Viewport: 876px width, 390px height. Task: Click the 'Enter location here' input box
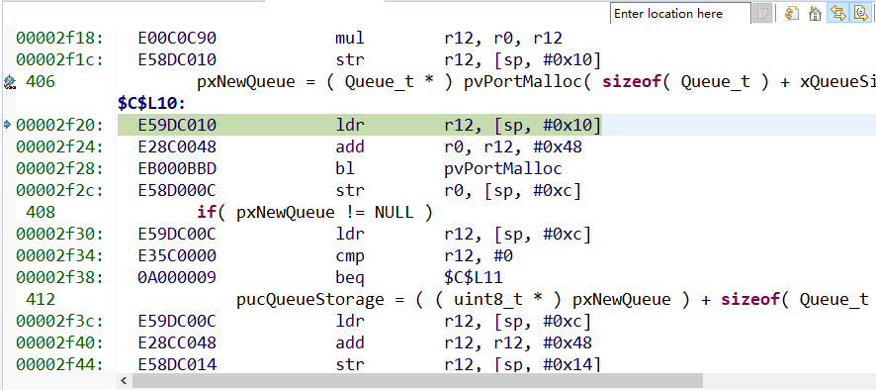680,14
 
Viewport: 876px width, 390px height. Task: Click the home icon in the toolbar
815,14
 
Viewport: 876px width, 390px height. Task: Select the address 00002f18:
59,38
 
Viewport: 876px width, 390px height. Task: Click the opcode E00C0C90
177,38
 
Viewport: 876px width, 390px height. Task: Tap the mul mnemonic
350,38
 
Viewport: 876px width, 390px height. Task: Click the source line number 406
41,82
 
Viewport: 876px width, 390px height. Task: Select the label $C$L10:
151,104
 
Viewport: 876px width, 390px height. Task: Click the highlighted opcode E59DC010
177,126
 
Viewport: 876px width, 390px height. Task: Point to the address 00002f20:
59,126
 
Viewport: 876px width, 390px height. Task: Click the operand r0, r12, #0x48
513,147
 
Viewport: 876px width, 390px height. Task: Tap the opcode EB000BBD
177,169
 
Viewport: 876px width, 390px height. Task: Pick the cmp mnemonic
350,256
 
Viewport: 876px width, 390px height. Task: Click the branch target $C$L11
479,278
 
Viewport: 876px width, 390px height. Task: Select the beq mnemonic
350,278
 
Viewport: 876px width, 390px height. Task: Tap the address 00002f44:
59,365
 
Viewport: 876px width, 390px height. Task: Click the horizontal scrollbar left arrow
124,381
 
